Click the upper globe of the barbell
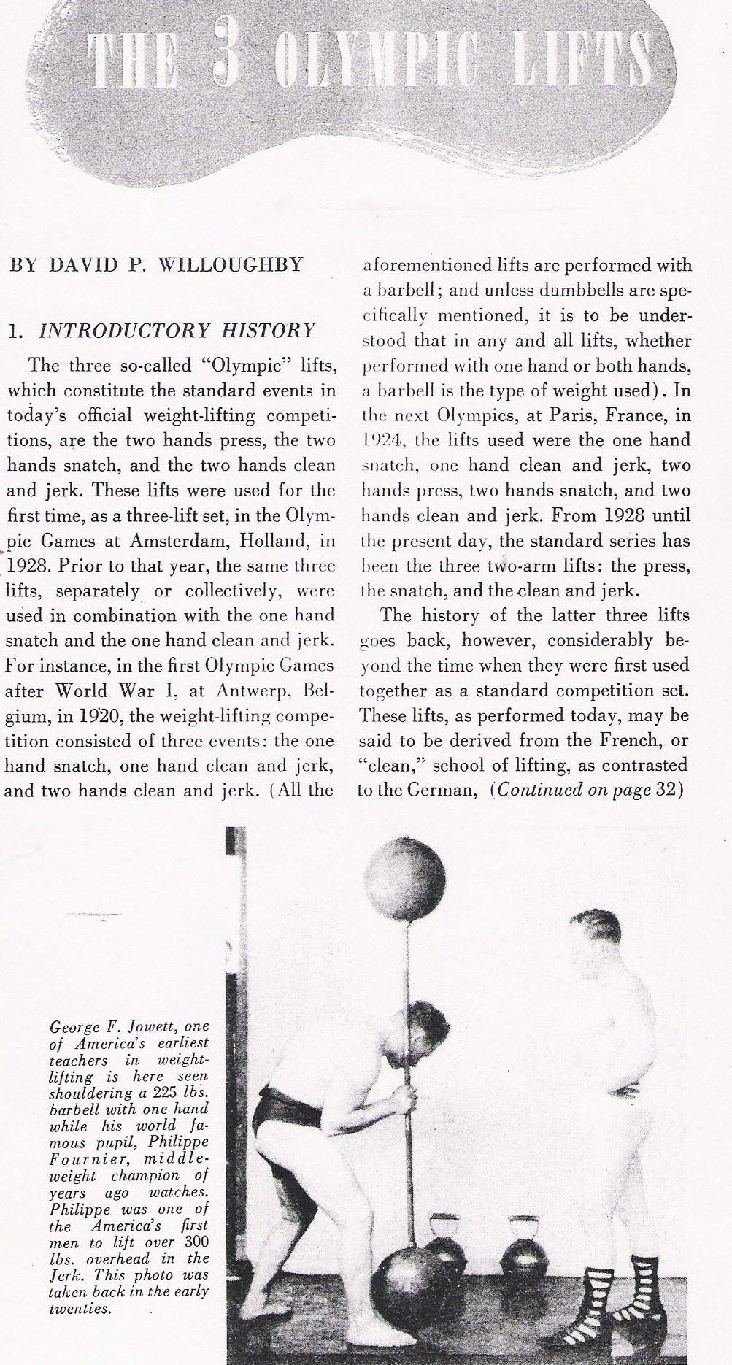(404, 872)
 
